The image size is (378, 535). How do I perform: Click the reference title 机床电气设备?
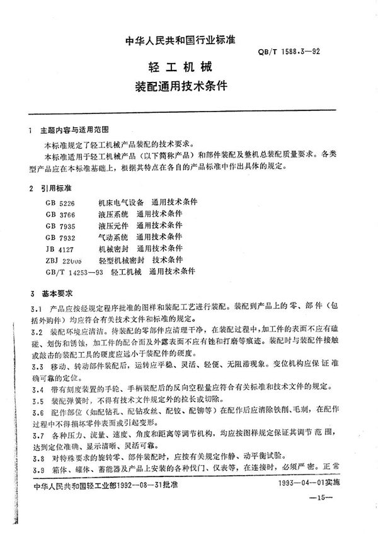[121, 202]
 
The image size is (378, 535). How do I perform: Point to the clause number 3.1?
[36, 309]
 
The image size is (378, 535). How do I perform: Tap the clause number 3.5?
[36, 400]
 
